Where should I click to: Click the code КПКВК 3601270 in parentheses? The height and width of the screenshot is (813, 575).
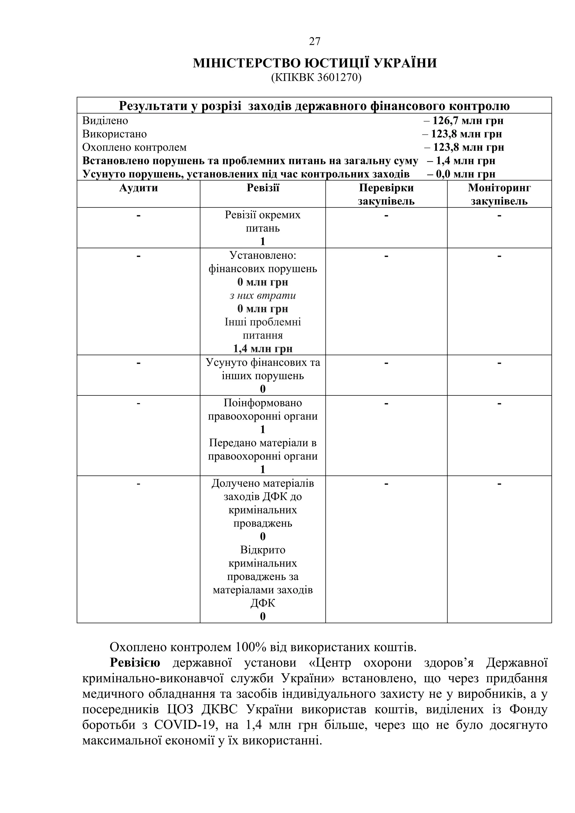316,77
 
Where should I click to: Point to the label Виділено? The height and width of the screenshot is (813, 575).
105,121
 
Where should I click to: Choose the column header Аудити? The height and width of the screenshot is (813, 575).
138,188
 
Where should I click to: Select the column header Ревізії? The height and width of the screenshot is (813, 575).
263,188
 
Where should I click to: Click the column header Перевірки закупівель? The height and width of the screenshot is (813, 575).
386,194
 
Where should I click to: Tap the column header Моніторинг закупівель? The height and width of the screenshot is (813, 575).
499,194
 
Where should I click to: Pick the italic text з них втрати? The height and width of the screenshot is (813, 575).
263,295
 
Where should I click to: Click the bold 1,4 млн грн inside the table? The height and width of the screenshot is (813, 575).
263,349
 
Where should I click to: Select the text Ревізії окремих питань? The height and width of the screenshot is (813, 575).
263,222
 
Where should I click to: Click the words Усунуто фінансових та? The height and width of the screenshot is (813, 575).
263,363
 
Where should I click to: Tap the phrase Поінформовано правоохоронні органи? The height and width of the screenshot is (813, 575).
263,410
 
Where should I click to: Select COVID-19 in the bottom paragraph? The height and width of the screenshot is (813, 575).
184,725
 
